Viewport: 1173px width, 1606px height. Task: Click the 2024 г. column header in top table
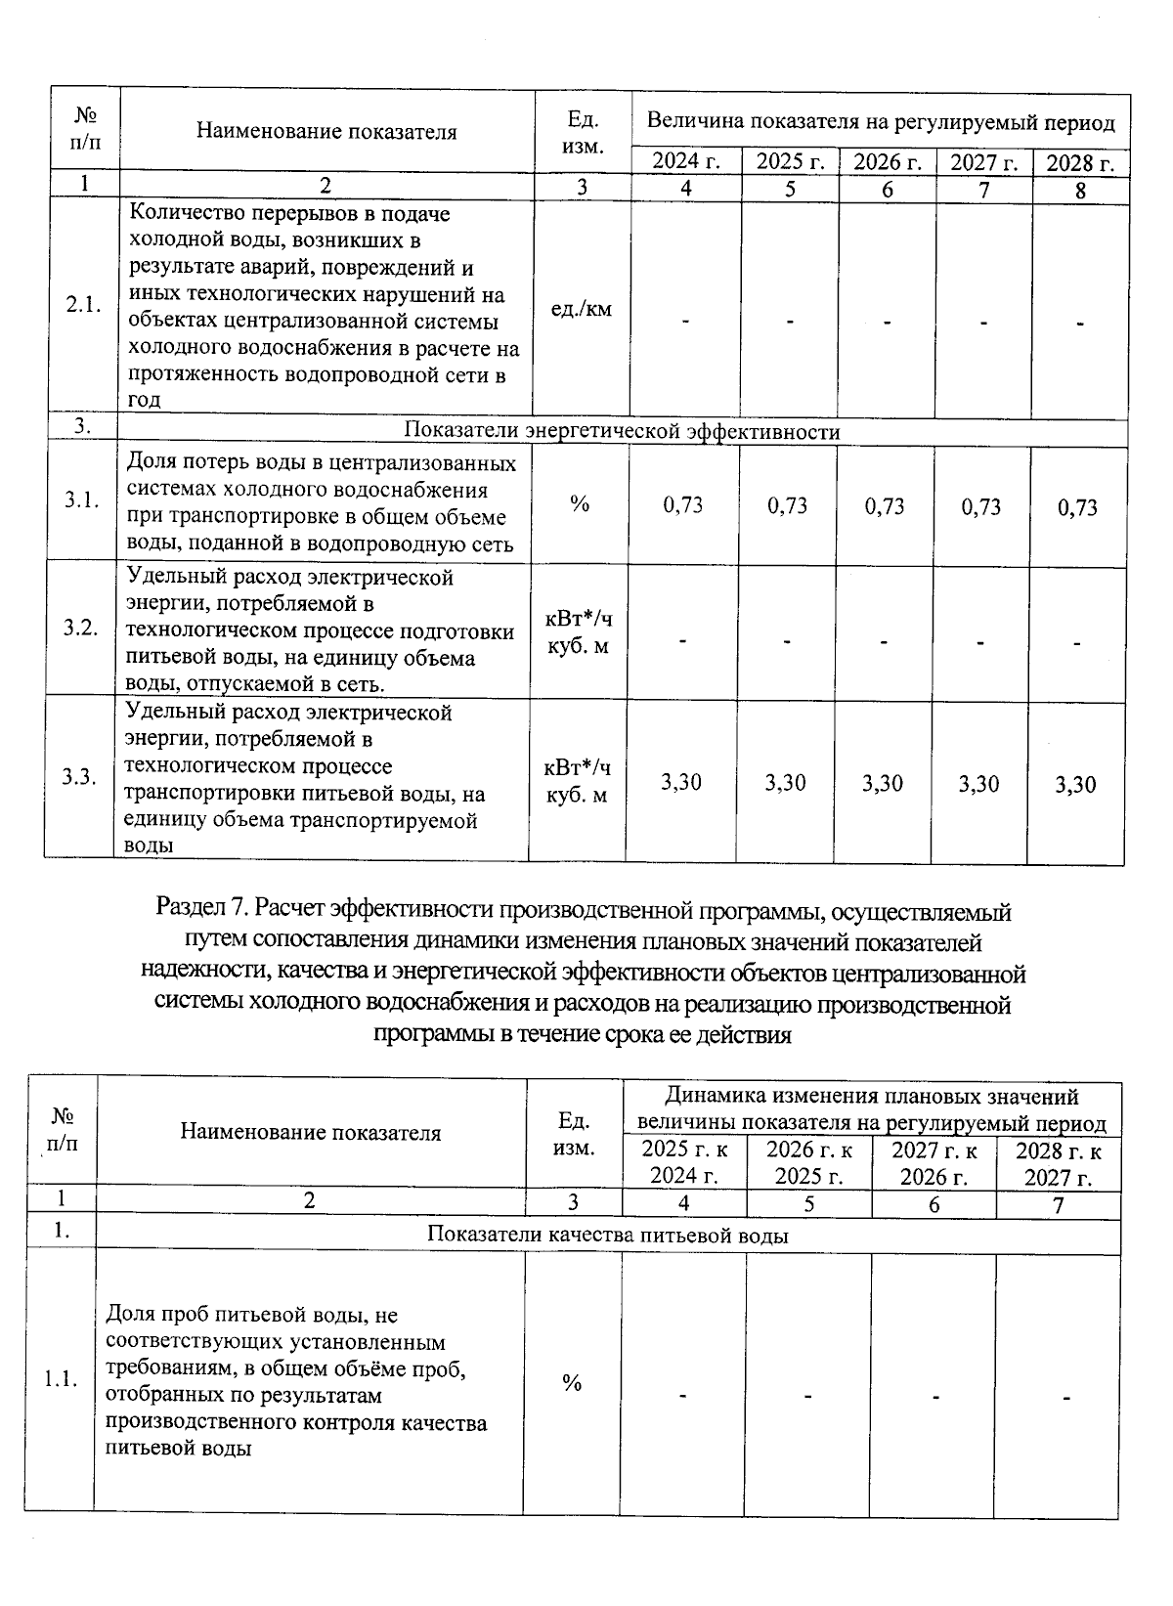click(x=686, y=162)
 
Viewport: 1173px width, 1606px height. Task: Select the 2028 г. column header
click(x=1080, y=163)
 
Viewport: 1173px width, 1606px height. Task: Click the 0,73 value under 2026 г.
click(x=885, y=505)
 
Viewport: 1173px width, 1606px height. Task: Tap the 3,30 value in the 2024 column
click(x=681, y=782)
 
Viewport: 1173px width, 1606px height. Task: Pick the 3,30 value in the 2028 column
click(x=1076, y=785)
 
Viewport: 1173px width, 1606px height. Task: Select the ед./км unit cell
click(x=582, y=309)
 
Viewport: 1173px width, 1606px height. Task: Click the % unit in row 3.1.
click(x=580, y=503)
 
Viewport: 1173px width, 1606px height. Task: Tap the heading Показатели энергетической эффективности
click(x=622, y=431)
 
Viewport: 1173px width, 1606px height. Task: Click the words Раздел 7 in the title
click(x=198, y=911)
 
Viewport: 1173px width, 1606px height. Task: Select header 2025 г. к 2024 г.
click(x=684, y=1162)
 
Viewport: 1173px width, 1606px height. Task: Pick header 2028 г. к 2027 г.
click(x=1059, y=1164)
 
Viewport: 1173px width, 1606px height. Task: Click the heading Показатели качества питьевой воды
click(x=608, y=1235)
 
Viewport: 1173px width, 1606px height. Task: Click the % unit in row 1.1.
click(x=572, y=1382)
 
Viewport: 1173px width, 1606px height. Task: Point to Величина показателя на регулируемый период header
click(x=881, y=122)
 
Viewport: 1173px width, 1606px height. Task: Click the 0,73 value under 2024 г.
click(x=683, y=504)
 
